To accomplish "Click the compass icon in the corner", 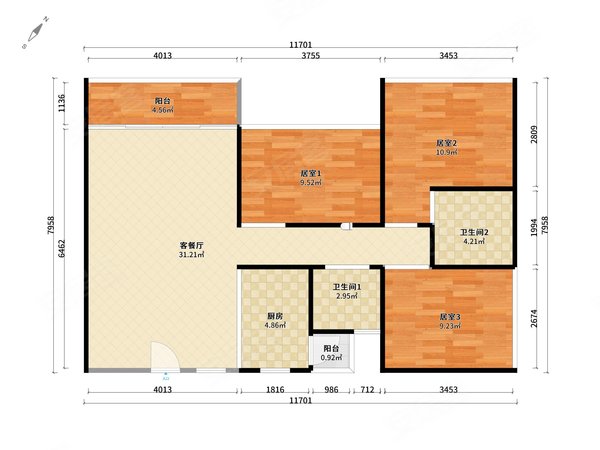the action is tap(35, 33).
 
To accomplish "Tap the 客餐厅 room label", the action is tap(191, 245).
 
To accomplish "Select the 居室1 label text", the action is tap(311, 173).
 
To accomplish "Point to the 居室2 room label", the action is tap(447, 143).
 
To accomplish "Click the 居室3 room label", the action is tap(450, 317).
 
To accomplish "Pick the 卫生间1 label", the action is tap(347, 287).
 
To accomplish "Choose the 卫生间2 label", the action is tap(474, 232).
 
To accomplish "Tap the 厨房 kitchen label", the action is tap(275, 316).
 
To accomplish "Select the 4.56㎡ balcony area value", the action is tap(162, 111).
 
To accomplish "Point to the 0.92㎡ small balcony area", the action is tap(331, 358).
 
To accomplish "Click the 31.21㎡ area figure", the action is tap(191, 255).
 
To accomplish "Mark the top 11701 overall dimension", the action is tap(300, 45).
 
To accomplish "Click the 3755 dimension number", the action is tap(311, 55).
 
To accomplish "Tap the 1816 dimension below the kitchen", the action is tap(275, 390).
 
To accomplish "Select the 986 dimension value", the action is tap(331, 390).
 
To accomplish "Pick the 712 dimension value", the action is tap(367, 390).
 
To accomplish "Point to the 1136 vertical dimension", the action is tap(62, 103).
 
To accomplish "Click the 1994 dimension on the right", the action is tap(534, 227).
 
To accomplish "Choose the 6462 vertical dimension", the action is tap(62, 249).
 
